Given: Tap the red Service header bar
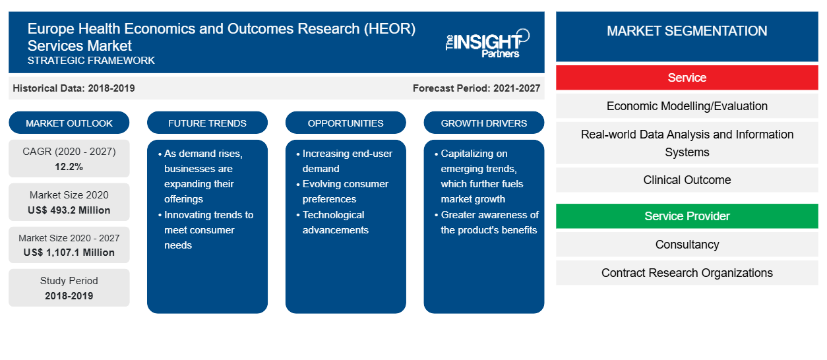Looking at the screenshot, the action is pyautogui.click(x=687, y=78).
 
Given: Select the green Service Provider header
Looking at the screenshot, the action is pyautogui.click(x=687, y=216).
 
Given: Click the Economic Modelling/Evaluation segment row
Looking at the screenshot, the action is pyautogui.click(x=687, y=106).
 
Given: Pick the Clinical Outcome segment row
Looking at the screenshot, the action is pyautogui.click(x=687, y=180).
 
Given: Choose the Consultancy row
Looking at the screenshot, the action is pyautogui.click(x=687, y=245).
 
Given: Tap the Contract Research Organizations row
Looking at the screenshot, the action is pyautogui.click(x=687, y=273).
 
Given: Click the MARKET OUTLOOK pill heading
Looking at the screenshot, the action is pyautogui.click(x=69, y=123).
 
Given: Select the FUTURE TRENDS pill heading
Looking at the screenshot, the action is pyautogui.click(x=207, y=123).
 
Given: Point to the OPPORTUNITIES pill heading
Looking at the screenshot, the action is pyautogui.click(x=346, y=123).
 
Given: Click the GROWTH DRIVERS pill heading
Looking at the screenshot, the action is pyautogui.click(x=483, y=123).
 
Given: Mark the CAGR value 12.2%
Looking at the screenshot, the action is pyautogui.click(x=69, y=167).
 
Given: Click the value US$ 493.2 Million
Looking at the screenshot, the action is pyautogui.click(x=69, y=210).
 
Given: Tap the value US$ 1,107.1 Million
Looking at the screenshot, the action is pyautogui.click(x=69, y=253).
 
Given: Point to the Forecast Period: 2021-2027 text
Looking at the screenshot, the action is pyautogui.click(x=476, y=88).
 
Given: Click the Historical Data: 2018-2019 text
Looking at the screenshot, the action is pyautogui.click(x=74, y=88).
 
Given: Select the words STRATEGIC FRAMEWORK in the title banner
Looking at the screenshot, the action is pyautogui.click(x=91, y=61).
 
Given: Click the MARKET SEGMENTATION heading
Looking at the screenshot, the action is pyautogui.click(x=687, y=31).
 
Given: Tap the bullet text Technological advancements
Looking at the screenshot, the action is pyautogui.click(x=335, y=222).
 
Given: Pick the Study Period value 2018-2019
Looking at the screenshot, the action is pyautogui.click(x=69, y=296).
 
